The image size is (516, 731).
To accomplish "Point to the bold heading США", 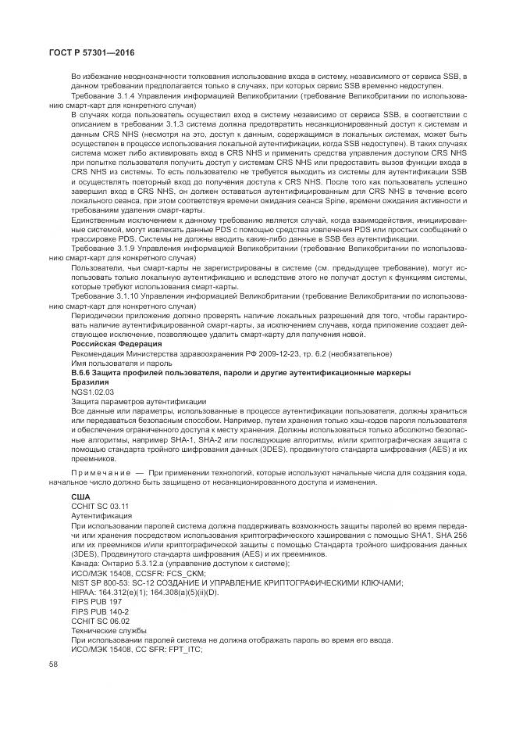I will pyautogui.click(x=80, y=496).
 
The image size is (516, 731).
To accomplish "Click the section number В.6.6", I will pyautogui.click(x=82, y=372).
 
